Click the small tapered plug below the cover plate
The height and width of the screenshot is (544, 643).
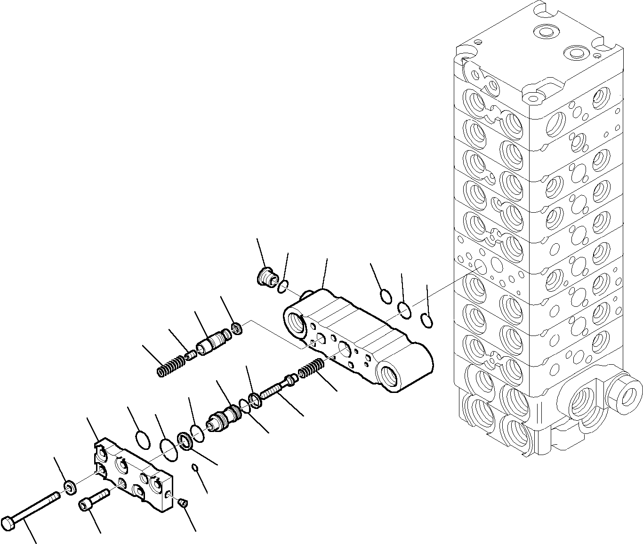tap(184, 504)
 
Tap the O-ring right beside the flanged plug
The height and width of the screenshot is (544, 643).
tap(282, 287)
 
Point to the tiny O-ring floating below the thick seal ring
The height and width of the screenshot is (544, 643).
tap(194, 467)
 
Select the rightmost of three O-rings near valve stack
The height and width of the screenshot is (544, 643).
tap(426, 320)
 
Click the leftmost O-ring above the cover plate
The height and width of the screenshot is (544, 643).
tap(143, 440)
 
